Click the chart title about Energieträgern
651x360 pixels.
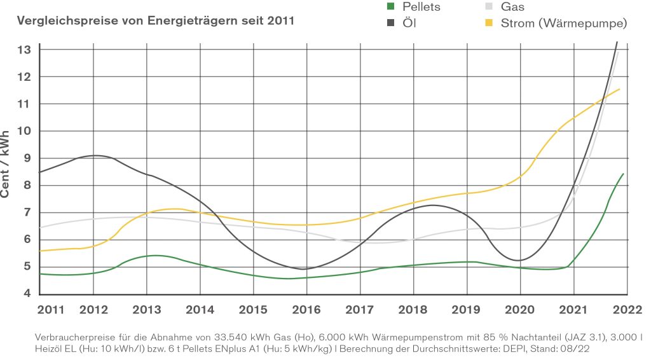[x=156, y=20]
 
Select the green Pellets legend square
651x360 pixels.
[x=392, y=7]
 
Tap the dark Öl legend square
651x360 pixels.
[x=392, y=24]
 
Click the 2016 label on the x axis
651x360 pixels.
[x=306, y=310]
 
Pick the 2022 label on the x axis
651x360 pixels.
[x=626, y=310]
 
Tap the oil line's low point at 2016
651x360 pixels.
[x=306, y=269]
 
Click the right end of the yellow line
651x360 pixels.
[x=619, y=89]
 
